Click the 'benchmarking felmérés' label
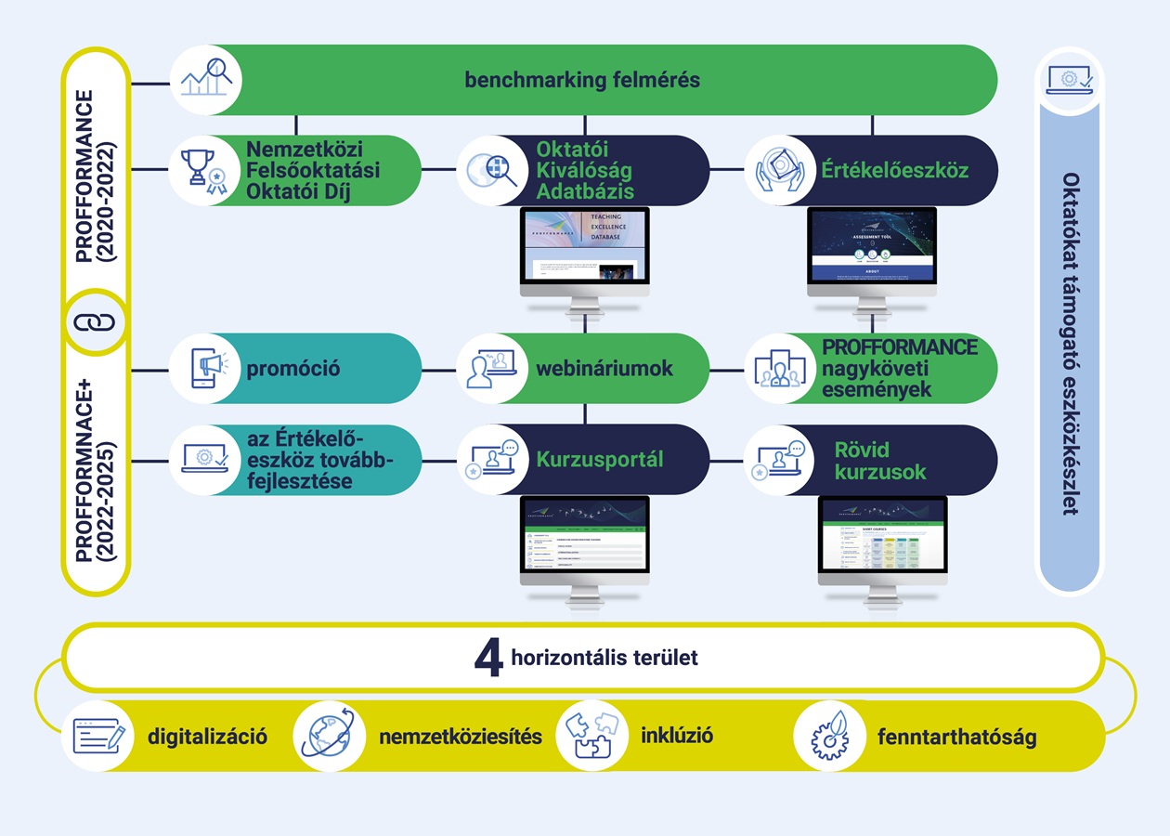click(x=582, y=80)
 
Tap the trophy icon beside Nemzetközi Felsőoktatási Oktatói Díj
click(x=204, y=171)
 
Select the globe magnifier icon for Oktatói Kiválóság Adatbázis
click(x=492, y=171)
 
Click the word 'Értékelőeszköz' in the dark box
click(x=894, y=171)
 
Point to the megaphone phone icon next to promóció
click(x=204, y=369)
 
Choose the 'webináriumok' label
click(x=604, y=369)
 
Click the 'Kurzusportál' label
click(x=599, y=460)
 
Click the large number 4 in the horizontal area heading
click(x=488, y=659)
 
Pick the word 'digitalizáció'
click(x=207, y=738)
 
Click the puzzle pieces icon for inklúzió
click(x=591, y=736)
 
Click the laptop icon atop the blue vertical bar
click(x=1069, y=80)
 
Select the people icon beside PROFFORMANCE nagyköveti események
click(x=779, y=369)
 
